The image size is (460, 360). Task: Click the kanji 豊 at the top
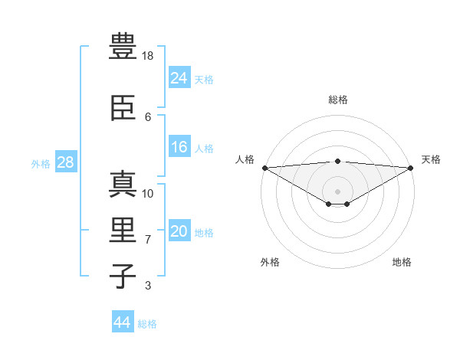pos(122,46)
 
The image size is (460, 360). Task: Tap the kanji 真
pos(122,185)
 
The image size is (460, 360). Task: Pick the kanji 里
pos(122,229)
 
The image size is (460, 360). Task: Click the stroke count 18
pos(149,56)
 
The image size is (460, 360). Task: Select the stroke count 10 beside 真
pos(149,193)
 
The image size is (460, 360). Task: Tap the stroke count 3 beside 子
pos(148,286)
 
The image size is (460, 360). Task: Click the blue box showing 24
pos(179,78)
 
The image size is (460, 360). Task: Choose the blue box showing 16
pos(179,148)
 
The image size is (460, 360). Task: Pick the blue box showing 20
pos(179,231)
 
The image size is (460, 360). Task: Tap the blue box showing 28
pos(65,162)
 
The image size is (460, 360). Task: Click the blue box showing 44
pos(122,322)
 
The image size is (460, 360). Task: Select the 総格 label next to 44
pos(147,324)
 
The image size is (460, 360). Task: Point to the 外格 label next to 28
pos(41,163)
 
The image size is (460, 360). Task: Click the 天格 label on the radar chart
pos(432,159)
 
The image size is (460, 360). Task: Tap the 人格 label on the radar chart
pos(245,159)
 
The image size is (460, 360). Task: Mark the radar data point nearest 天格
pos(412,168)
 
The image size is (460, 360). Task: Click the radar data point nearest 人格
pos(264,168)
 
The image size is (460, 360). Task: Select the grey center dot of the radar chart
pos(337,190)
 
